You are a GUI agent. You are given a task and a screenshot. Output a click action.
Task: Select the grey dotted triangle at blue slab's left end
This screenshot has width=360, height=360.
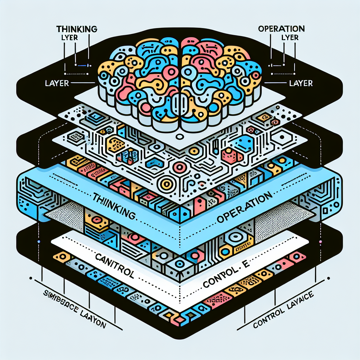coord(67,215)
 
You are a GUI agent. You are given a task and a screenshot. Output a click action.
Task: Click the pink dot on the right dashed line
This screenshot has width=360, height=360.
coord(320,242)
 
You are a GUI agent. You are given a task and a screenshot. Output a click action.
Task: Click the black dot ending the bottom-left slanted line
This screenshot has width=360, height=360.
coord(36,280)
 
